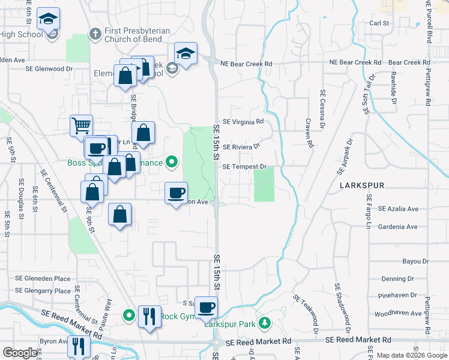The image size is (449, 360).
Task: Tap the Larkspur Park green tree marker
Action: (265, 325)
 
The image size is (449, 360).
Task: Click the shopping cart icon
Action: (81, 126)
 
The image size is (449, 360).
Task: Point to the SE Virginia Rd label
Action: (243, 121)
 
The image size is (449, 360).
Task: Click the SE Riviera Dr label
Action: (241, 146)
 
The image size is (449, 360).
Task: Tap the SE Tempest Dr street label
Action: (244, 167)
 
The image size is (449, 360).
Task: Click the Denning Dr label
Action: (397, 279)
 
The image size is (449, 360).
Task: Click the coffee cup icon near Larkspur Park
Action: (206, 307)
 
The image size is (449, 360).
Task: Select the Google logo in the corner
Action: (20, 353)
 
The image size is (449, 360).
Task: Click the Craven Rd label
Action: (310, 133)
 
